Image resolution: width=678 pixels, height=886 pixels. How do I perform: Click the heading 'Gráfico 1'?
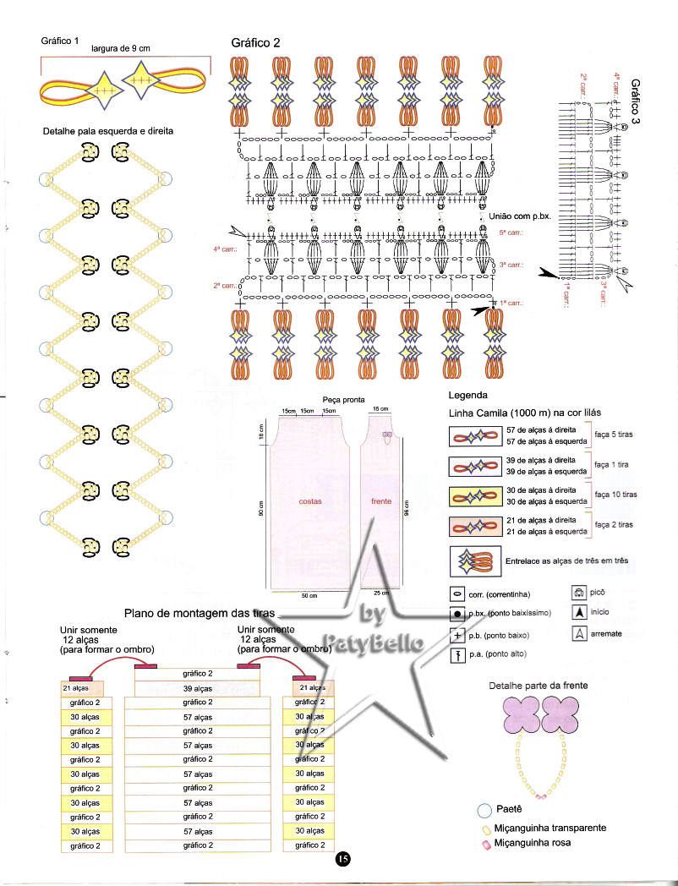(59, 41)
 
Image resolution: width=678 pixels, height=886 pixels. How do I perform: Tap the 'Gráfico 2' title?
(255, 43)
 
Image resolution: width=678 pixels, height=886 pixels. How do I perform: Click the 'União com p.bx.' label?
(520, 216)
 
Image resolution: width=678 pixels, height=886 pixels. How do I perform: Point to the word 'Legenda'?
(467, 395)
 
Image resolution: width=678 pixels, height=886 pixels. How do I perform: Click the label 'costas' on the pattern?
(309, 501)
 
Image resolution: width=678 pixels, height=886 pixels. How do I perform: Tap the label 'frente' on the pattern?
(381, 501)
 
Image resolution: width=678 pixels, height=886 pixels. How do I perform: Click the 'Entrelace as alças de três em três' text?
(566, 561)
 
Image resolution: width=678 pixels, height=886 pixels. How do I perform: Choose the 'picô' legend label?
(598, 593)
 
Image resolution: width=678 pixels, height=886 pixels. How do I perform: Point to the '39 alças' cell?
(198, 688)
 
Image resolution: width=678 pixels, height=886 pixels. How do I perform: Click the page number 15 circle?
(342, 859)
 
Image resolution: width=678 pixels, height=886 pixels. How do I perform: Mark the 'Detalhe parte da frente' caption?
(538, 685)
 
